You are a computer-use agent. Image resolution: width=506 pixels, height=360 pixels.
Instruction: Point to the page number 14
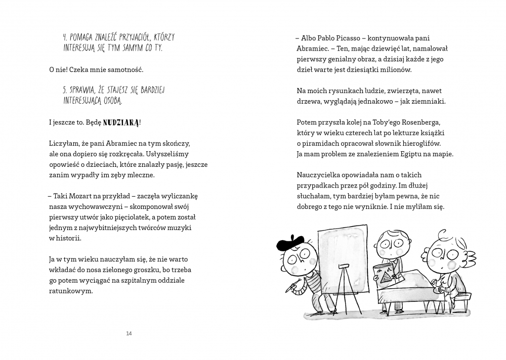(129, 333)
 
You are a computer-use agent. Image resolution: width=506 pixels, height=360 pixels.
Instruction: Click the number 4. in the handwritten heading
(65, 37)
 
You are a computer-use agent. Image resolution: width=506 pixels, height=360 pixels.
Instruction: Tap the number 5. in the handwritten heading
(65, 90)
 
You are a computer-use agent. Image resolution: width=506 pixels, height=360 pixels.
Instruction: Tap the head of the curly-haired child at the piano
(445, 253)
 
